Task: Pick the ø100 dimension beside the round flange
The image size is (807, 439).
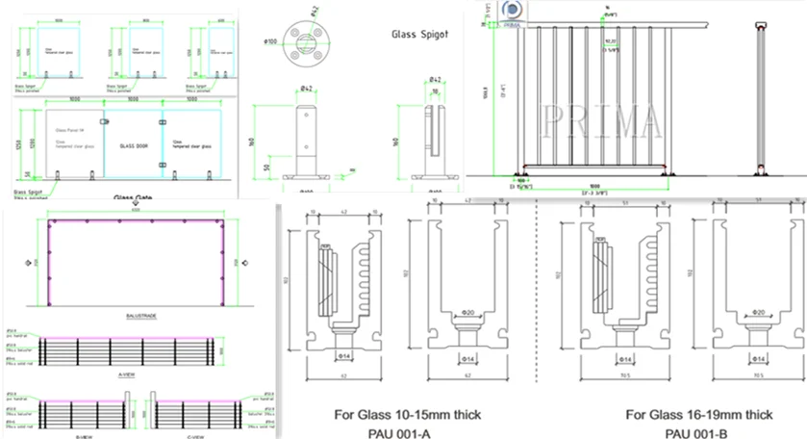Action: coord(272,42)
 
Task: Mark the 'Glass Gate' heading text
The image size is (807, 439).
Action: coord(134,198)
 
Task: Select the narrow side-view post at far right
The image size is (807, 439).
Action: coord(760,101)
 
